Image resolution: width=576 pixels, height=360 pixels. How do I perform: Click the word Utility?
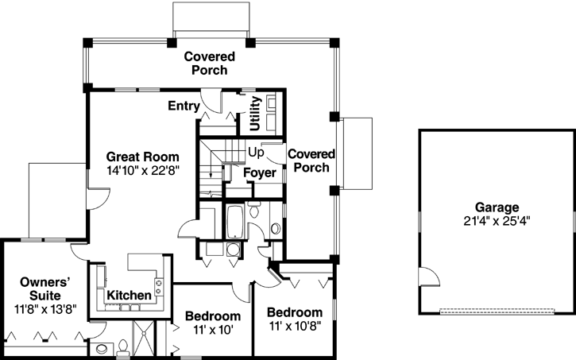point(255,113)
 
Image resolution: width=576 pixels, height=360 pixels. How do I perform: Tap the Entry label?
point(184,106)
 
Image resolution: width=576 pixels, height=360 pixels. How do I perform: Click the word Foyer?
point(260,172)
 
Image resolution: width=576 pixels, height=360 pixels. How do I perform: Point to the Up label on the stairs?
point(256,151)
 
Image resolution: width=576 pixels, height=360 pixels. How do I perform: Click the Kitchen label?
point(129,296)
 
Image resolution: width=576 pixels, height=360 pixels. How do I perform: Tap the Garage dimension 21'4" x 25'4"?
point(493,219)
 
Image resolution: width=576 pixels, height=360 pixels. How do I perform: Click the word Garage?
point(493,206)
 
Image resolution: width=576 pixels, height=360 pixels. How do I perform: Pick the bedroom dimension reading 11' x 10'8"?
point(294,326)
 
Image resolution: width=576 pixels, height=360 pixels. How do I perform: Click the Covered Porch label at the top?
point(210,63)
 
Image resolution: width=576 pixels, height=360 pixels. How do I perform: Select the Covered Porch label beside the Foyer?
point(311,160)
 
